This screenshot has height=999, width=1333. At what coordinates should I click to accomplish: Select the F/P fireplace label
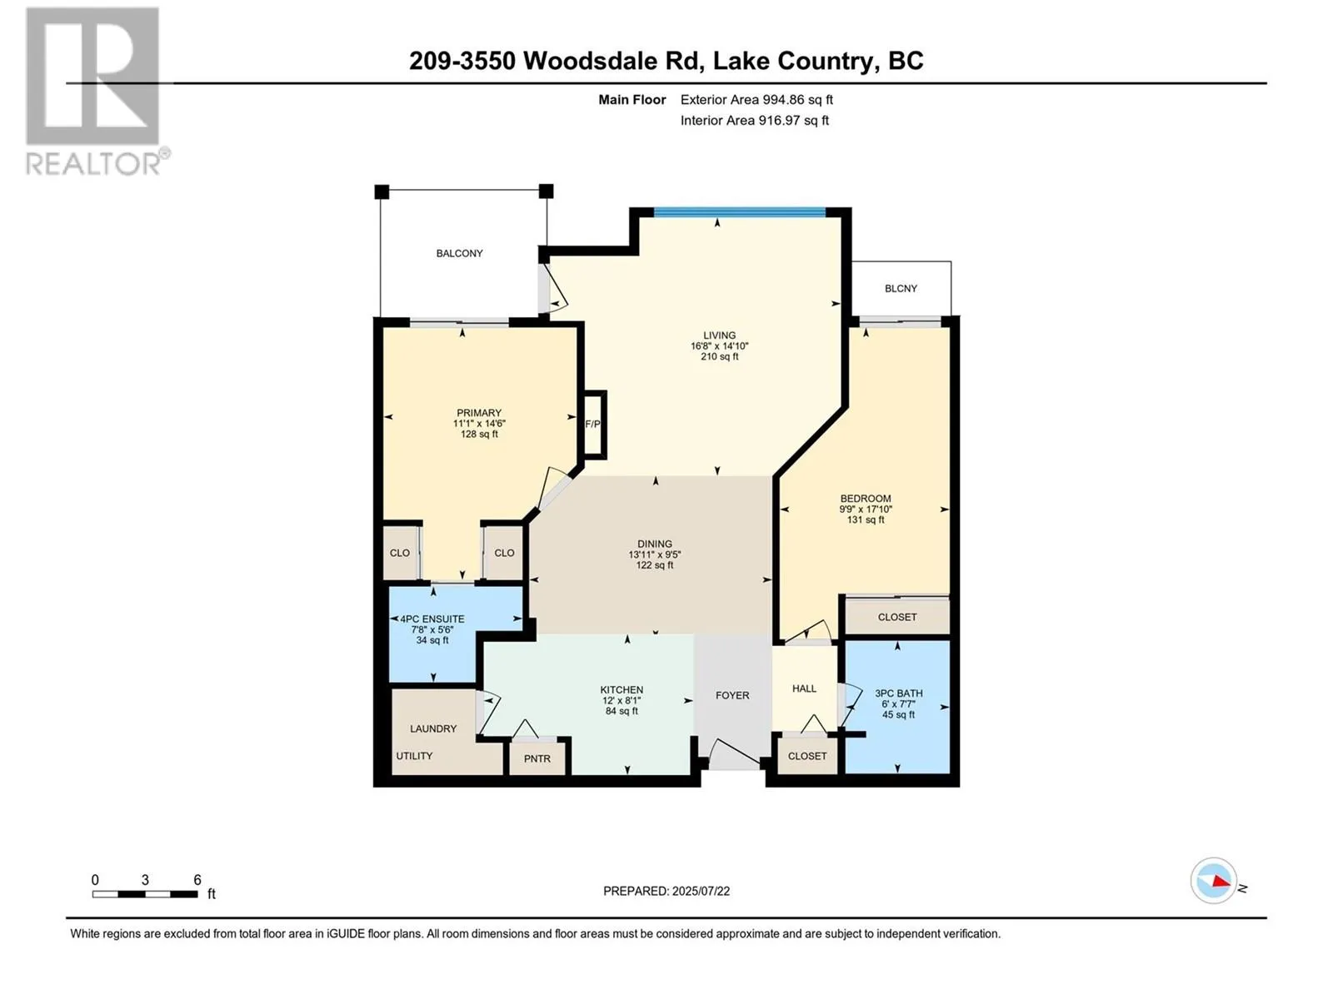[592, 424]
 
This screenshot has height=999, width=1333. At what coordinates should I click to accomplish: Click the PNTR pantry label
[537, 758]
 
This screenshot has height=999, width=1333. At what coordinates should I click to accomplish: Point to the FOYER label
[731, 695]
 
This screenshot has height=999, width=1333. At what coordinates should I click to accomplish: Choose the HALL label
[804, 688]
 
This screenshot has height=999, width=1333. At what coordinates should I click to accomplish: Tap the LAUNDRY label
[433, 728]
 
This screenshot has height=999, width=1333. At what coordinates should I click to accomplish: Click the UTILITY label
[414, 756]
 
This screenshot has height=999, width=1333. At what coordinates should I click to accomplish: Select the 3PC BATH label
[898, 693]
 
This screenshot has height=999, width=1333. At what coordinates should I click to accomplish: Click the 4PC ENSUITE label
[432, 619]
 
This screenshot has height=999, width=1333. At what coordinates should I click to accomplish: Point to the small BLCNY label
[901, 289]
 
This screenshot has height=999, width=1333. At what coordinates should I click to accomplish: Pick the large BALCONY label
[459, 254]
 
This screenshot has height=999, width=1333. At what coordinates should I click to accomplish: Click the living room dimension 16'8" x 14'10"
[719, 346]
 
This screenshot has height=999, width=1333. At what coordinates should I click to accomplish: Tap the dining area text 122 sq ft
[655, 565]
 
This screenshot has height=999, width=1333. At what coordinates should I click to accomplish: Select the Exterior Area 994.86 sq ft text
[756, 99]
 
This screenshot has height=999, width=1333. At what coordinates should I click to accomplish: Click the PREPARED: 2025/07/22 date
[666, 891]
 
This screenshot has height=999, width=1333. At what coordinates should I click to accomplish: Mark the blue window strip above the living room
[740, 212]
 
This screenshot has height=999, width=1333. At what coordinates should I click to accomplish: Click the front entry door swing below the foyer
[734, 754]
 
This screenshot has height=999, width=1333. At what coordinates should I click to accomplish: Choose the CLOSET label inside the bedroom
[897, 617]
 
